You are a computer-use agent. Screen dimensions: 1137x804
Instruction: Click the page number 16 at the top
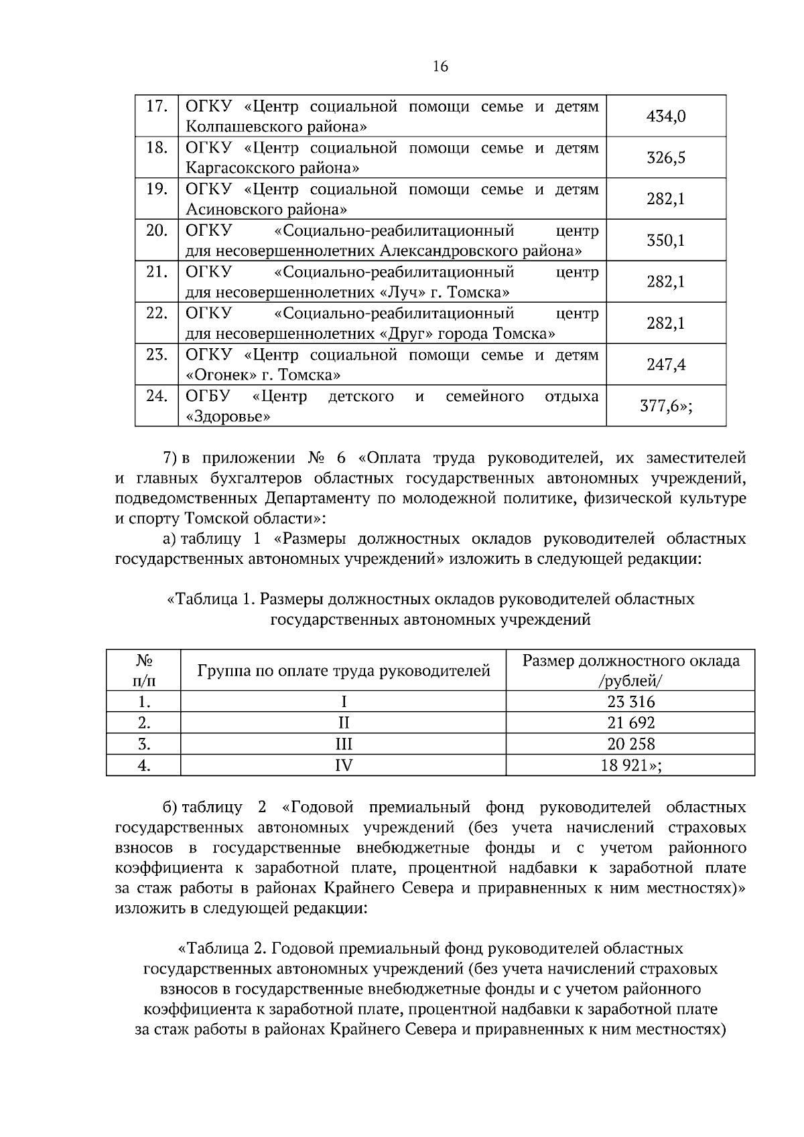point(440,66)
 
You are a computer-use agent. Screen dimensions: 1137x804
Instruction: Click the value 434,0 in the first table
point(665,117)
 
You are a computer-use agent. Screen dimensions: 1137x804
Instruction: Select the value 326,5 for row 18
point(665,158)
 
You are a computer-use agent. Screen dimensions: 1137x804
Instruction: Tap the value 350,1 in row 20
point(665,240)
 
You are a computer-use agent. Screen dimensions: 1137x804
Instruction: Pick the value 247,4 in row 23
point(665,365)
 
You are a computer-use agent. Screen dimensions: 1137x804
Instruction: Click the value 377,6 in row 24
point(663,406)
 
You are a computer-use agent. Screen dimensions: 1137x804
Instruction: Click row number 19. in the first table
point(156,189)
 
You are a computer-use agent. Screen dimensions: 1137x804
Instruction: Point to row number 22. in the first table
point(156,313)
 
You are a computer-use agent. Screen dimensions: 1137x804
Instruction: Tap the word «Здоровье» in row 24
point(228,416)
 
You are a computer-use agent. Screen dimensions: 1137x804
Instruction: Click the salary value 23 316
point(630,702)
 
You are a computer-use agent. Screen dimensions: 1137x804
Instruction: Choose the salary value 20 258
point(630,744)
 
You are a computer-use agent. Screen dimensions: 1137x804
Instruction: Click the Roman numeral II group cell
point(343,723)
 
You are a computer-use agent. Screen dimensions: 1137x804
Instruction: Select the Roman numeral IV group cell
point(343,765)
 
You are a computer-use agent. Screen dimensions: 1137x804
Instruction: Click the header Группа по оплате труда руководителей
point(343,671)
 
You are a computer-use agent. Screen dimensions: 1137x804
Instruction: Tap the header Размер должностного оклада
point(630,662)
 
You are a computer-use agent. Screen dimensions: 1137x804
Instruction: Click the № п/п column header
point(143,671)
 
